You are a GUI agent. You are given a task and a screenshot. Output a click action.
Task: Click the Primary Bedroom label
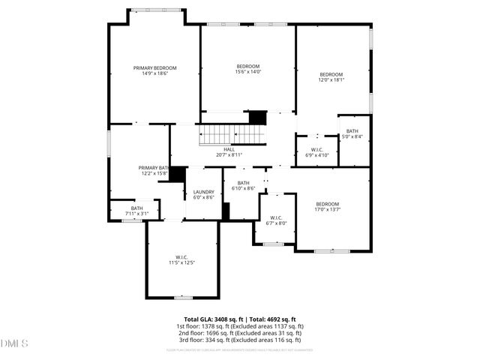pos(154,68)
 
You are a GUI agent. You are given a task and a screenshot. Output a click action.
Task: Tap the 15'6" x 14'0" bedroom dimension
pos(247,72)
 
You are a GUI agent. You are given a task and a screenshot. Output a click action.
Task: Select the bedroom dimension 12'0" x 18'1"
pos(331,80)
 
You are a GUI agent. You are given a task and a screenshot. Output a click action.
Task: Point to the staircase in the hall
pos(232,135)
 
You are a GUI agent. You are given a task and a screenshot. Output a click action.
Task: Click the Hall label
pos(229,149)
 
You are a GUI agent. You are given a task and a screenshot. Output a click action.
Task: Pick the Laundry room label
pos(203,192)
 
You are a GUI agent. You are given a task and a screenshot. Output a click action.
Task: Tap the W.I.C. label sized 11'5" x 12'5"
pos(181,258)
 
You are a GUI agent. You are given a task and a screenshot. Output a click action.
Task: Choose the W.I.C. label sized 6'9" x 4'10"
pos(316,149)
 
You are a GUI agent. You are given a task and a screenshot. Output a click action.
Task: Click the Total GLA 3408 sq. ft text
pos(211,319)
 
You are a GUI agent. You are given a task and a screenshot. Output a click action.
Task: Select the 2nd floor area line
pos(239,333)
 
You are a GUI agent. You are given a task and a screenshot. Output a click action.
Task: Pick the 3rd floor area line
pos(239,340)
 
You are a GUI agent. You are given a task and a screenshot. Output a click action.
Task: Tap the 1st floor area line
pos(239,326)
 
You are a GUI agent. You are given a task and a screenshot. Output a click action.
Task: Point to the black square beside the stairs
pos(258,118)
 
